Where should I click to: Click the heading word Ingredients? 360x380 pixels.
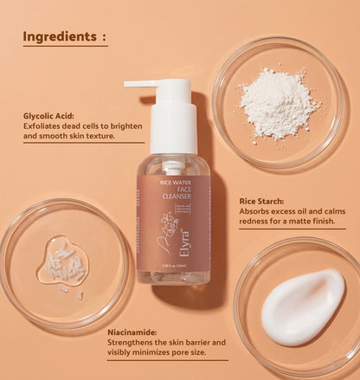[x=59, y=37]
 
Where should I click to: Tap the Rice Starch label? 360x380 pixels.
[x=265, y=201]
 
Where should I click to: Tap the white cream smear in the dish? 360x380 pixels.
[x=303, y=306]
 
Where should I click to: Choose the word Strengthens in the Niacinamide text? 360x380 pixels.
[x=133, y=342]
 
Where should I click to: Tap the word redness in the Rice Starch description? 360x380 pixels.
[x=259, y=222]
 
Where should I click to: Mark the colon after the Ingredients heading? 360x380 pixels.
[x=103, y=38]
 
